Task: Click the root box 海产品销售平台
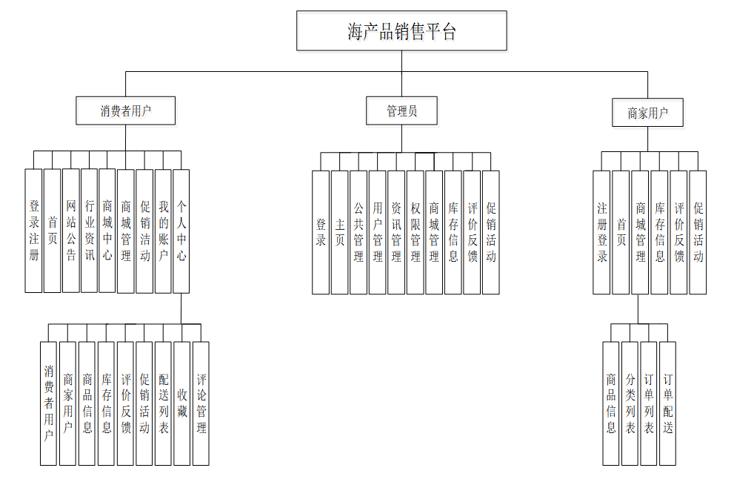coord(401,31)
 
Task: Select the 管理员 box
coord(401,111)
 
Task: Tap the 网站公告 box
coord(70,231)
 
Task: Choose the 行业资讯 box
coord(89,231)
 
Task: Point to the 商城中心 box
coord(107,231)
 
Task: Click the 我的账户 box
coord(163,231)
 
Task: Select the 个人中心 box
coord(181,231)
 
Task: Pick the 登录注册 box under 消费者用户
coord(33,231)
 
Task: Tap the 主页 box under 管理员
coord(339,232)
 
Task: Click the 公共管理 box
coord(358,232)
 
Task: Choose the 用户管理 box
coord(377,232)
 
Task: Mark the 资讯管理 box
coord(396,232)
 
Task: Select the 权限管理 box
coord(415,232)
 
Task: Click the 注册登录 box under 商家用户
coord(601,232)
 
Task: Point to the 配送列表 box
coord(163,403)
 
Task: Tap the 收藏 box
coord(181,403)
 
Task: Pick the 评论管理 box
coord(201,403)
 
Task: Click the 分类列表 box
coord(630,403)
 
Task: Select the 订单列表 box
coord(649,403)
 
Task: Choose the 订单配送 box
coord(667,403)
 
